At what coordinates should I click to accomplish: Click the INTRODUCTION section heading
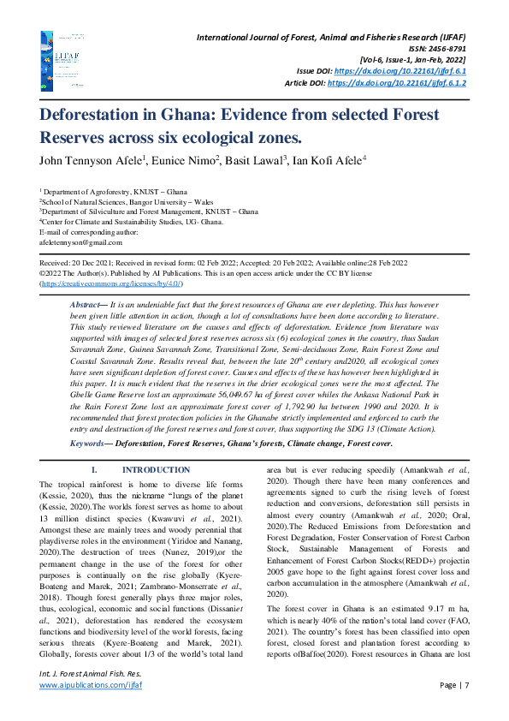point(157,470)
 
